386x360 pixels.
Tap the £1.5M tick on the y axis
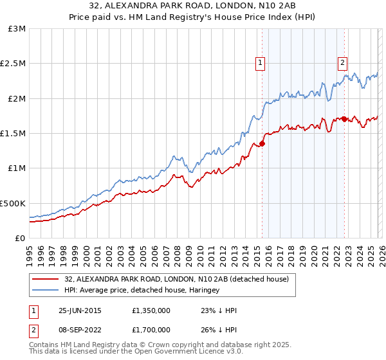click(x=14, y=133)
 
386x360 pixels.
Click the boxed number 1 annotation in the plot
click(x=260, y=62)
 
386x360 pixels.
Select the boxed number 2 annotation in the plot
click(x=342, y=62)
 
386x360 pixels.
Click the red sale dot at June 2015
click(x=262, y=143)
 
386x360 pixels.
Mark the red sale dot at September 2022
click(x=345, y=119)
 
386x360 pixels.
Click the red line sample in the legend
click(x=46, y=280)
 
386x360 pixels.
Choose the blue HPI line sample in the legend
click(x=46, y=291)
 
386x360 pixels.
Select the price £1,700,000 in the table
click(x=152, y=331)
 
